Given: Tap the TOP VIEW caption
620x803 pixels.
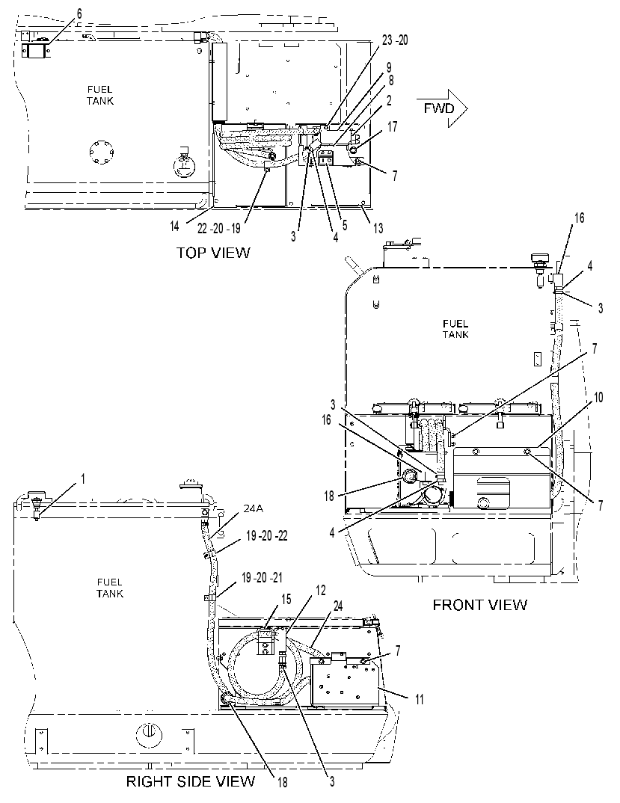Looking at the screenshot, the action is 213,253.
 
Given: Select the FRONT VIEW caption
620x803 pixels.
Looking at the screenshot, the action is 479,605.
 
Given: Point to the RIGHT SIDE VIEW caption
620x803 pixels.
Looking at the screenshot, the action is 191,781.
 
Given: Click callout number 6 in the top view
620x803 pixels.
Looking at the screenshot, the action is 79,13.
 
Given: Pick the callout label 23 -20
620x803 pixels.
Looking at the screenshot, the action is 395,40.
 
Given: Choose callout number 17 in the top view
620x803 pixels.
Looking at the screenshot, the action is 392,126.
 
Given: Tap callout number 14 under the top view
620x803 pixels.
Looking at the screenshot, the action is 175,226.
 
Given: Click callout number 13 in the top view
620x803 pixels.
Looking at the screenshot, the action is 378,228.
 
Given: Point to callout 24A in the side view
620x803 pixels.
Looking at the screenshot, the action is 253,508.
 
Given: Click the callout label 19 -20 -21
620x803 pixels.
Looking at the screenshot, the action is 261,578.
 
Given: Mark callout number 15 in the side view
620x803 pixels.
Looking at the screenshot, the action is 286,599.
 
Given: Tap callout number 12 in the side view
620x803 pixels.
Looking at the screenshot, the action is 320,591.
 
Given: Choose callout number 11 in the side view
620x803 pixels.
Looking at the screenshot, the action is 419,699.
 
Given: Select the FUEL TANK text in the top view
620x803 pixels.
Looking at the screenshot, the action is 100,95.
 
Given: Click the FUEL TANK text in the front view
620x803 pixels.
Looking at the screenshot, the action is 455,329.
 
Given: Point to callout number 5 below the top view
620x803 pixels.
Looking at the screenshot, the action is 344,225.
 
